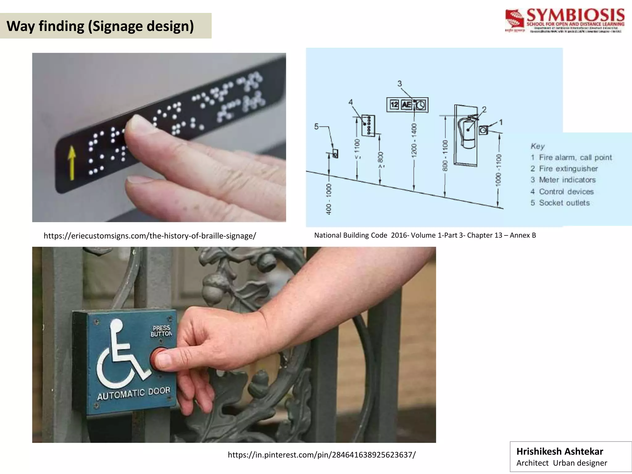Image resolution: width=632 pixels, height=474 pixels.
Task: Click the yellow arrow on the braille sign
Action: (72, 163)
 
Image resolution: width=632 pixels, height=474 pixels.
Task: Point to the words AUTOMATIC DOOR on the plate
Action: (134, 393)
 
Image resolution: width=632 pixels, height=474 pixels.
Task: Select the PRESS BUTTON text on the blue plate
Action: (161, 331)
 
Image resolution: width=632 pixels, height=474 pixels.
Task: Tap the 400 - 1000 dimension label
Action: (329, 199)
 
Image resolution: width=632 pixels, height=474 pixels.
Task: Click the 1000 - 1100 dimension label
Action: (498, 170)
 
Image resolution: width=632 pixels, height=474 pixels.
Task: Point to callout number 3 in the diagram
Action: (400, 84)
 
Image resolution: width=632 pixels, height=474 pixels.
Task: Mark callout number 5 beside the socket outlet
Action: (316, 126)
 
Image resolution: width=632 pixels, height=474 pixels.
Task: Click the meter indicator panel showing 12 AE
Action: (407, 105)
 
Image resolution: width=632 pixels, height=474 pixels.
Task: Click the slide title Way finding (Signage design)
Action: (100, 26)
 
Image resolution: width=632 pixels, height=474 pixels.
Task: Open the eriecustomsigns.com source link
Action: (150, 236)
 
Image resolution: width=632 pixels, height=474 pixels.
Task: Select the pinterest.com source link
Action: (322, 455)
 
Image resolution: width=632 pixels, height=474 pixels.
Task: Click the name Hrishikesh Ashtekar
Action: (559, 451)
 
